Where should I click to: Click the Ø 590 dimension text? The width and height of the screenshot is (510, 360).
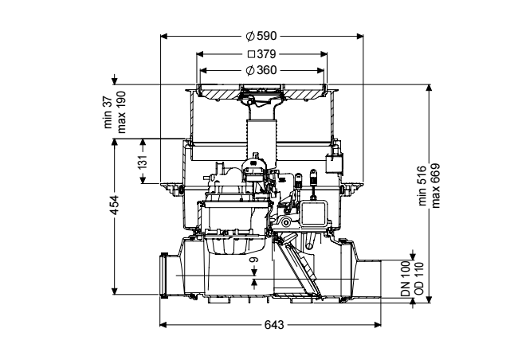click(x=261, y=36)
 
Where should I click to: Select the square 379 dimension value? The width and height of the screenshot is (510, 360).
click(x=262, y=54)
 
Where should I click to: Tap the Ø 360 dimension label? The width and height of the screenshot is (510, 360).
click(x=261, y=70)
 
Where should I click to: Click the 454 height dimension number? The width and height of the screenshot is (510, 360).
click(x=115, y=205)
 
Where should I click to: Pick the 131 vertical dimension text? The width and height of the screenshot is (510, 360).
click(x=143, y=162)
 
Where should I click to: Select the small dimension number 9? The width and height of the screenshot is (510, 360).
click(x=254, y=260)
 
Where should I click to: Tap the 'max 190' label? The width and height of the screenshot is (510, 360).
click(x=121, y=112)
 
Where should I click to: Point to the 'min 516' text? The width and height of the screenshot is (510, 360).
click(x=422, y=186)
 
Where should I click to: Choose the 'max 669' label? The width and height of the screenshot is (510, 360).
click(x=435, y=186)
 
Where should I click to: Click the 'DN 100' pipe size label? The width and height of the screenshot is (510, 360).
click(x=406, y=279)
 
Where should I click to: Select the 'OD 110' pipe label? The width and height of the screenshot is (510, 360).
click(x=419, y=279)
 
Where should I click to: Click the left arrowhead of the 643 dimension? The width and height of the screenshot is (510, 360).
click(x=163, y=324)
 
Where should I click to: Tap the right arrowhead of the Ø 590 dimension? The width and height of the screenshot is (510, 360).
click(x=359, y=36)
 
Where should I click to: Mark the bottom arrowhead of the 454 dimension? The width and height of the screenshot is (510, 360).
click(x=114, y=292)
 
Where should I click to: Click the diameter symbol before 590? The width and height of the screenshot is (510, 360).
click(x=249, y=36)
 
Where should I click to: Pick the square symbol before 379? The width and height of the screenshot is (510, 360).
click(x=251, y=54)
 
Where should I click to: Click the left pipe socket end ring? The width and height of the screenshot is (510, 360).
click(x=163, y=275)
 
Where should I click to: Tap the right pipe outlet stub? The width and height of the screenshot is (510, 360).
click(x=369, y=278)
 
